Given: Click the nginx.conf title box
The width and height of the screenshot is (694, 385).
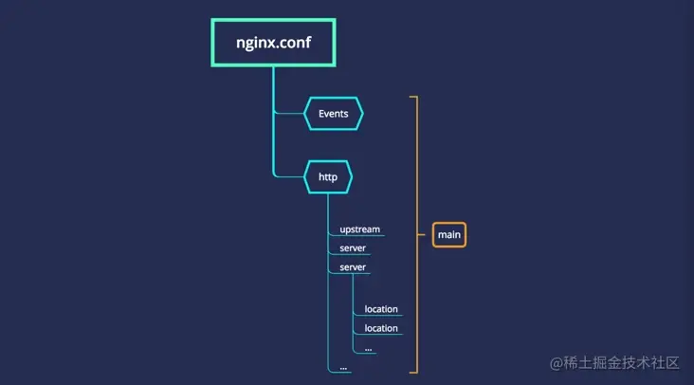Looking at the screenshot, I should click(x=274, y=42).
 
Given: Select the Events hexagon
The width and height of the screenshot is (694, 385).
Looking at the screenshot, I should click(x=333, y=114).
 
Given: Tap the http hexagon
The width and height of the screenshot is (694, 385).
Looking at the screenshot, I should click(x=328, y=177).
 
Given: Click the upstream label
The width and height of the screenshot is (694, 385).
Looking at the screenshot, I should click(x=359, y=229).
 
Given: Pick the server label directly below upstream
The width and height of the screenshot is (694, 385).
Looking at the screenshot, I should click(x=353, y=248).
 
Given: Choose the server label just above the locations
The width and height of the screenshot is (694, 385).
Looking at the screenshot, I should click(x=353, y=267).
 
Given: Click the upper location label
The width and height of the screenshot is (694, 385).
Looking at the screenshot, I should click(x=381, y=309).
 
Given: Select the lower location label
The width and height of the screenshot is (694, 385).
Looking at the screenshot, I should click(x=381, y=328).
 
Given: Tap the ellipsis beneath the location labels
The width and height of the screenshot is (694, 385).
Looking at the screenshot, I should click(x=369, y=347).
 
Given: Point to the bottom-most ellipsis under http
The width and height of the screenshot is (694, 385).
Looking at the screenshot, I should click(x=343, y=366).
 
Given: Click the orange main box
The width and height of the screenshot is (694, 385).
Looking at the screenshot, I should click(x=449, y=234).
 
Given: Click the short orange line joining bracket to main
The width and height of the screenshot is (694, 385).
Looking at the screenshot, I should click(x=424, y=234).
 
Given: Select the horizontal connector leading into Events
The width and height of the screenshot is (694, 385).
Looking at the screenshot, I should click(x=289, y=114).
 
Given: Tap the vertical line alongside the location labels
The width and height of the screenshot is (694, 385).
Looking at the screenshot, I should click(x=354, y=313).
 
